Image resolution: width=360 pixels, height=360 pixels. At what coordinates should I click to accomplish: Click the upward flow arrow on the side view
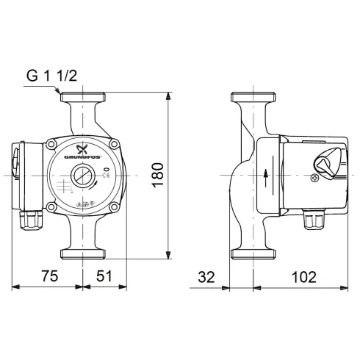(x=266, y=177)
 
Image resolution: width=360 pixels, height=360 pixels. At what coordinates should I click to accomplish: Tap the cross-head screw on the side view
(x=317, y=177)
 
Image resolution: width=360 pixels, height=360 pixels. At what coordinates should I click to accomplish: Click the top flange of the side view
(x=253, y=98)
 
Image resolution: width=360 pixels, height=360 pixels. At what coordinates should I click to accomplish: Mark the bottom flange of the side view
(x=253, y=255)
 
